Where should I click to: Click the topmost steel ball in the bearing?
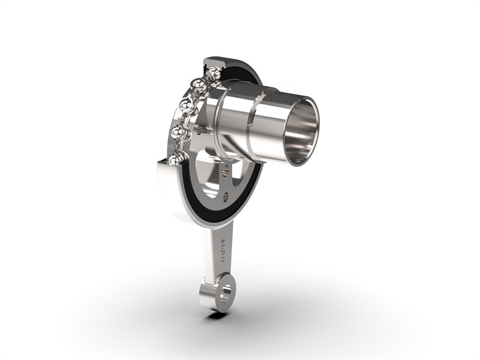pyautogui.click(x=214, y=74)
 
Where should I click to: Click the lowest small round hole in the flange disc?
pyautogui.click(x=225, y=196)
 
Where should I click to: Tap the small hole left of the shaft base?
pyautogui.click(x=205, y=128)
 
